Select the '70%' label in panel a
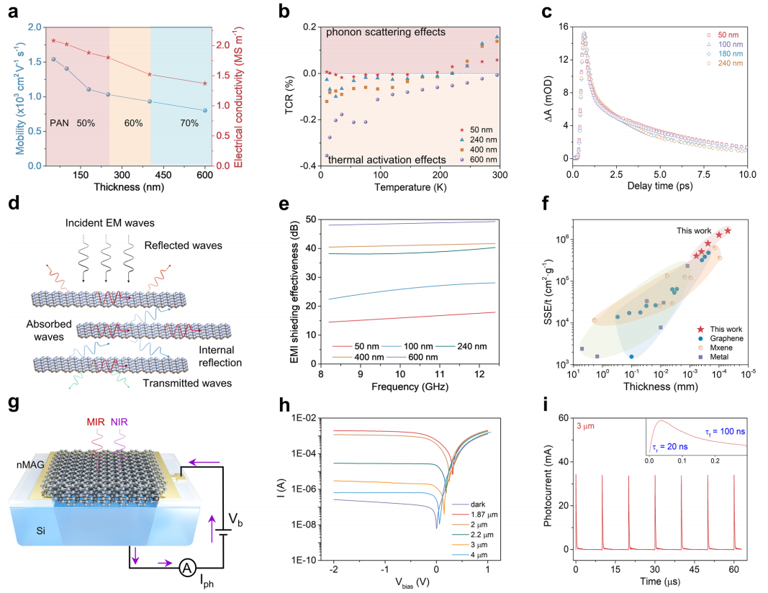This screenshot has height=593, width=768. pyautogui.click(x=189, y=124)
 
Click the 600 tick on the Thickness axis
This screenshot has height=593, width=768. pyautogui.click(x=205, y=175)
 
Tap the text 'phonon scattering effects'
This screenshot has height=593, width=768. pyautogui.click(x=386, y=33)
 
